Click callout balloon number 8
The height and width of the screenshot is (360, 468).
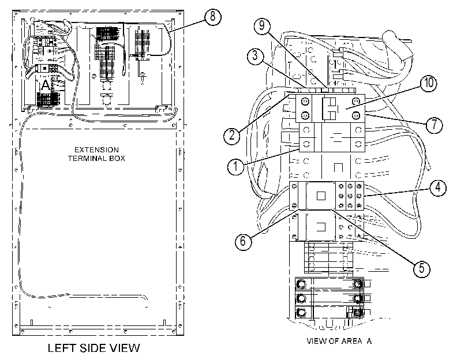click(x=212, y=16)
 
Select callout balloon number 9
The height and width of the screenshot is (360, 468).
click(x=262, y=25)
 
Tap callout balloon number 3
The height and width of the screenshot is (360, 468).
click(x=255, y=55)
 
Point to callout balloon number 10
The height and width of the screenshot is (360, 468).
click(x=429, y=82)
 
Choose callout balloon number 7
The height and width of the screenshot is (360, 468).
click(x=434, y=125)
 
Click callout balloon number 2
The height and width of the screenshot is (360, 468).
click(x=232, y=136)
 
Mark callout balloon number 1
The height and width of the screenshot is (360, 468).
click(x=236, y=166)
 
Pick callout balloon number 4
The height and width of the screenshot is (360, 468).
click(x=438, y=187)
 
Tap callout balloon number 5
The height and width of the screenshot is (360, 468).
click(x=421, y=268)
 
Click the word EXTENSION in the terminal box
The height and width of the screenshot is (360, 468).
click(x=96, y=150)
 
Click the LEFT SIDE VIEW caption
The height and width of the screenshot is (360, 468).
click(x=93, y=348)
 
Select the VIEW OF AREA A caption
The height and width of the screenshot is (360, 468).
click(x=339, y=341)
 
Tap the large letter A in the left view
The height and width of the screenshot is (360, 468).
click(x=46, y=85)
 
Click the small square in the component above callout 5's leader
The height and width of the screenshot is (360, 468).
click(x=321, y=196)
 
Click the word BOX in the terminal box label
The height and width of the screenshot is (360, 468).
click(x=117, y=158)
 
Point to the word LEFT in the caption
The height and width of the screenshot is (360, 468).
click(x=62, y=348)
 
